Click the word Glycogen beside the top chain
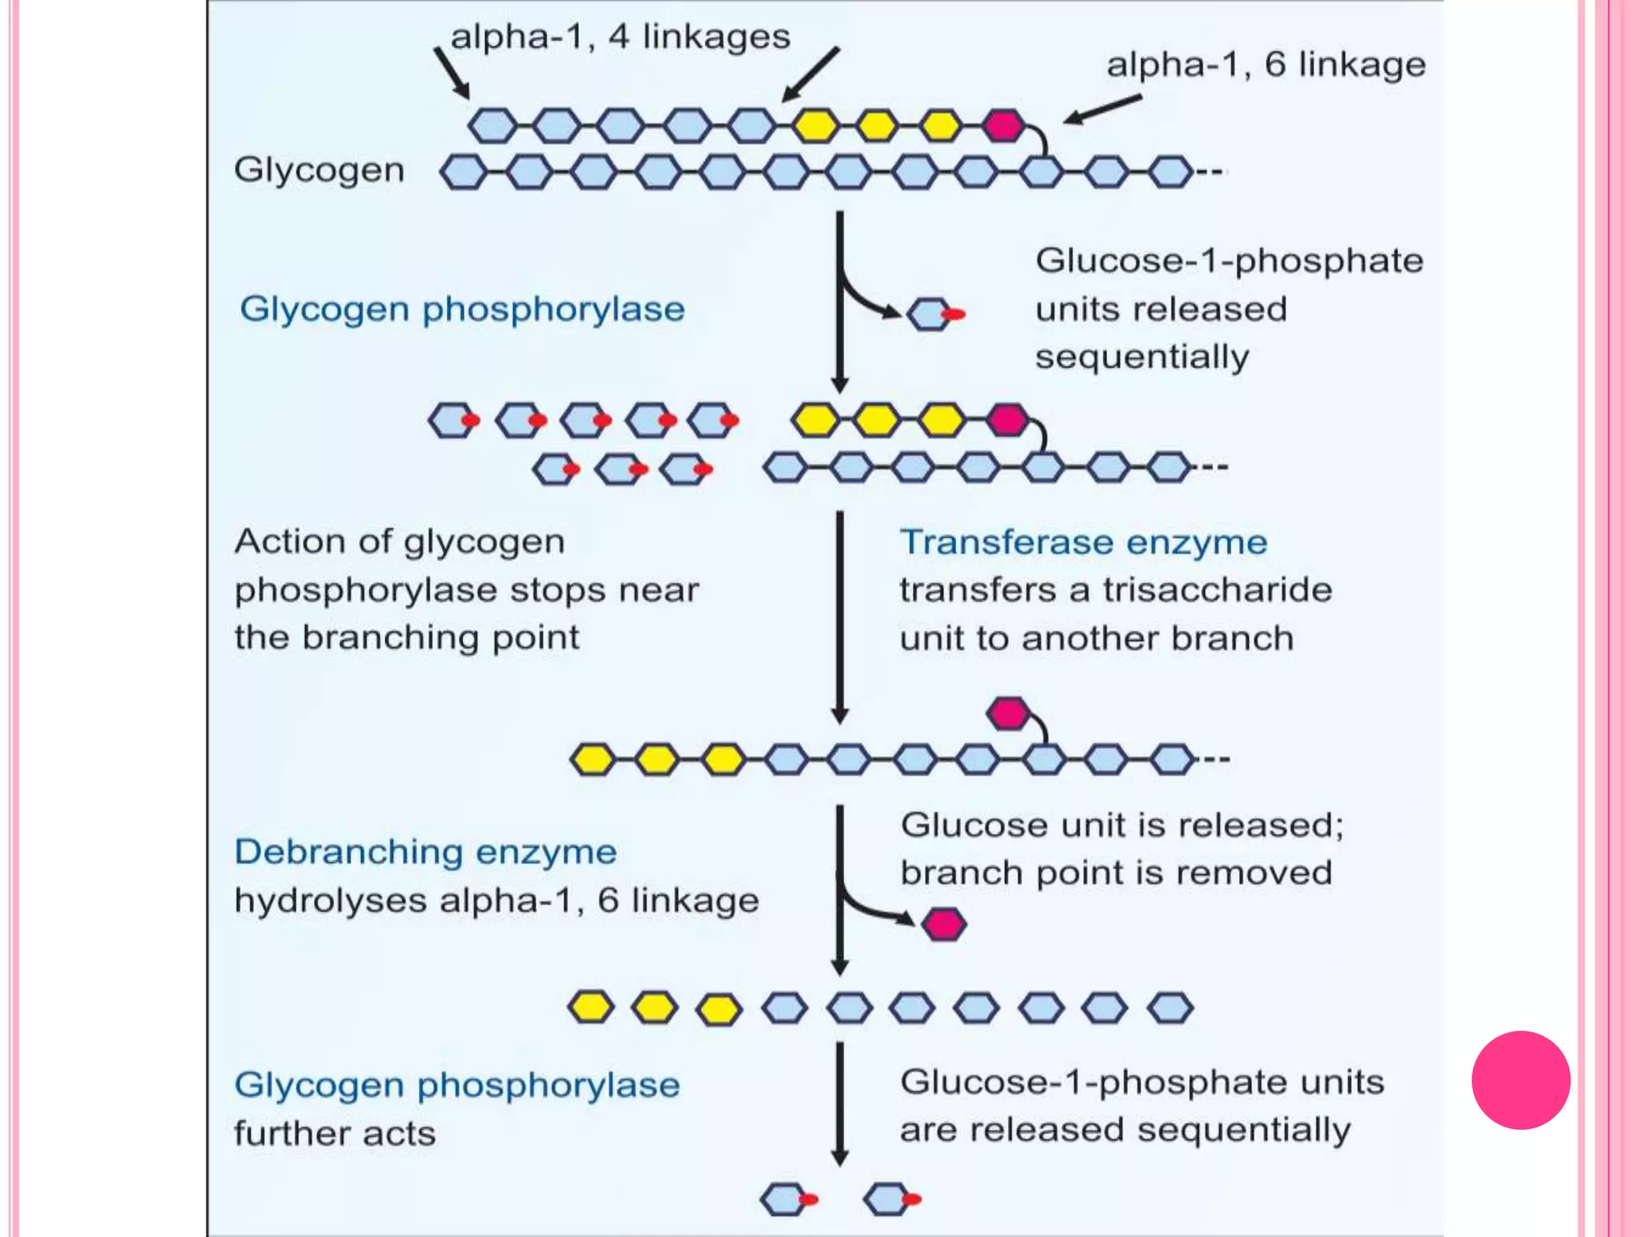[x=319, y=171]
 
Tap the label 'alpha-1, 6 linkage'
[x=1265, y=64]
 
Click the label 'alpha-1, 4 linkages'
[x=620, y=37]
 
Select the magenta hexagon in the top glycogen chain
[x=1003, y=126]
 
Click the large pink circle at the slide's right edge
[x=1520, y=1080]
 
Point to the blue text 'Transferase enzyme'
[x=1083, y=542]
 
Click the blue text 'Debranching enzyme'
[x=425, y=851]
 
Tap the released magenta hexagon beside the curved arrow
[x=943, y=924]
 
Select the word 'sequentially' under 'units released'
[x=1142, y=357]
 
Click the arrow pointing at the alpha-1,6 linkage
[x=1102, y=110]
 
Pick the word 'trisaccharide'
[x=1217, y=590]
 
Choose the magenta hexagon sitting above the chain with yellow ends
[x=1008, y=713]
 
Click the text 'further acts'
[x=334, y=1133]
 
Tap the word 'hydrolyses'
[x=330, y=900]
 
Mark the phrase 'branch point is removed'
[x=1116, y=873]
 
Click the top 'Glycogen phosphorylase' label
[x=462, y=309]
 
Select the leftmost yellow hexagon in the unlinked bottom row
[x=591, y=1007]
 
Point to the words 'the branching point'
[x=406, y=638]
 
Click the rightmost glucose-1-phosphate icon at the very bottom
[x=890, y=1198]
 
